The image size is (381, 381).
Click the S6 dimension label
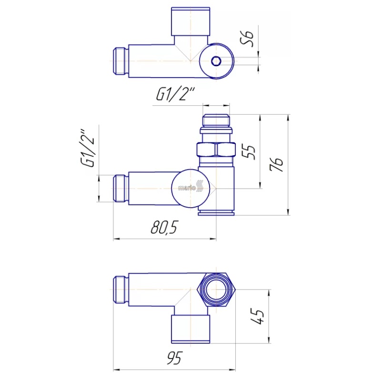click(247, 39)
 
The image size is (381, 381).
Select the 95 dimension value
click(174, 358)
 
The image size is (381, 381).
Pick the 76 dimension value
click(277, 164)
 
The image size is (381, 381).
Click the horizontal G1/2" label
click(175, 94)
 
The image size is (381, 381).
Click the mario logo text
click(187, 188)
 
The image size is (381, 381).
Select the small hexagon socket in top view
click(216, 61)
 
